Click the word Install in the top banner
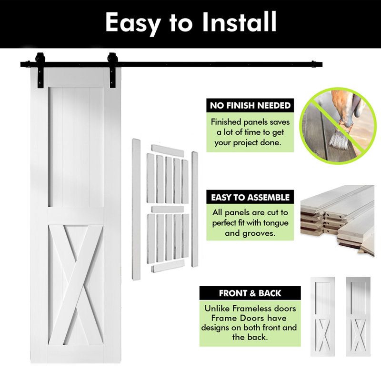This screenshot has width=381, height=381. coord(240,22)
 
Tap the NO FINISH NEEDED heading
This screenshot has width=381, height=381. coord(250,105)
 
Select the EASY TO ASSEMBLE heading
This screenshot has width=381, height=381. coord(250,197)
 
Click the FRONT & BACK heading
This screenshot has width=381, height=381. coord(250,293)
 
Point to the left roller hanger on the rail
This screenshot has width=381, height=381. coord(40,70)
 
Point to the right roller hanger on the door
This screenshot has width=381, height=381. coord(112,70)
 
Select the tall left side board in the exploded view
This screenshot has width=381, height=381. coord(136,209)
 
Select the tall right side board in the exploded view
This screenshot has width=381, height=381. coord(195,209)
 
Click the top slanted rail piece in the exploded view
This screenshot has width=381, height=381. coord(168,150)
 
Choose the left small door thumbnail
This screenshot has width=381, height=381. coord(323,317)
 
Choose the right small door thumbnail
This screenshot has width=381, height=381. coord(358,317)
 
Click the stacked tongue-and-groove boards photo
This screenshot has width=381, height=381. coord(337,221)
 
